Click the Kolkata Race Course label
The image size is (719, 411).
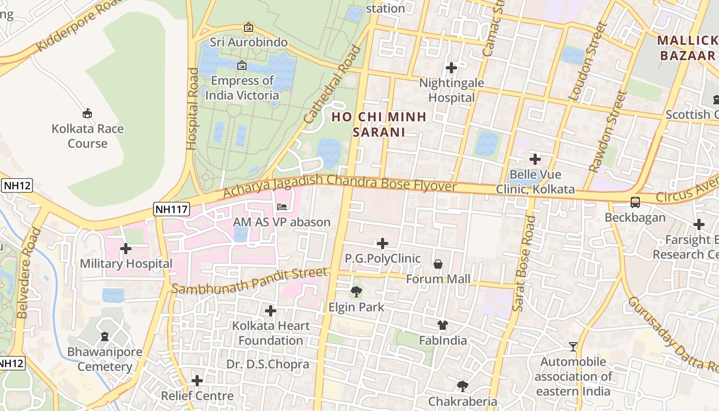coord(87,136)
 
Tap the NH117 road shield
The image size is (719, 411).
coord(172,209)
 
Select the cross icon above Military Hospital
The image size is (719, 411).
coord(126,249)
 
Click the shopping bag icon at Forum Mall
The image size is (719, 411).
coord(438,264)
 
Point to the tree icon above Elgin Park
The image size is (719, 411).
coord(356,292)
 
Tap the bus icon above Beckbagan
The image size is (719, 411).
coord(635,202)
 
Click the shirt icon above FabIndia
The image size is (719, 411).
coord(443,325)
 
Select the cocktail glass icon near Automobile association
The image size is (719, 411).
coord(573,347)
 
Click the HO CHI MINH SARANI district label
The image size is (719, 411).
coord(379,124)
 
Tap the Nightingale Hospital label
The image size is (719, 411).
coord(451,90)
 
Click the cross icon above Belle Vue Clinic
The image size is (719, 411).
coord(535,159)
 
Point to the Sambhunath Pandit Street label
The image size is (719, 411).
coord(249,281)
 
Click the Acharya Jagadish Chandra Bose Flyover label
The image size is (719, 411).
coord(339,186)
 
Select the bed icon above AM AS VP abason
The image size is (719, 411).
coord(282,207)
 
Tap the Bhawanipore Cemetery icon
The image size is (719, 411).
coord(105,337)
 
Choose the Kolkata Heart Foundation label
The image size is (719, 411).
coord(271,333)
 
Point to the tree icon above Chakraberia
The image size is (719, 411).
coord(463,386)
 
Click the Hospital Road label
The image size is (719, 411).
coord(192,108)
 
